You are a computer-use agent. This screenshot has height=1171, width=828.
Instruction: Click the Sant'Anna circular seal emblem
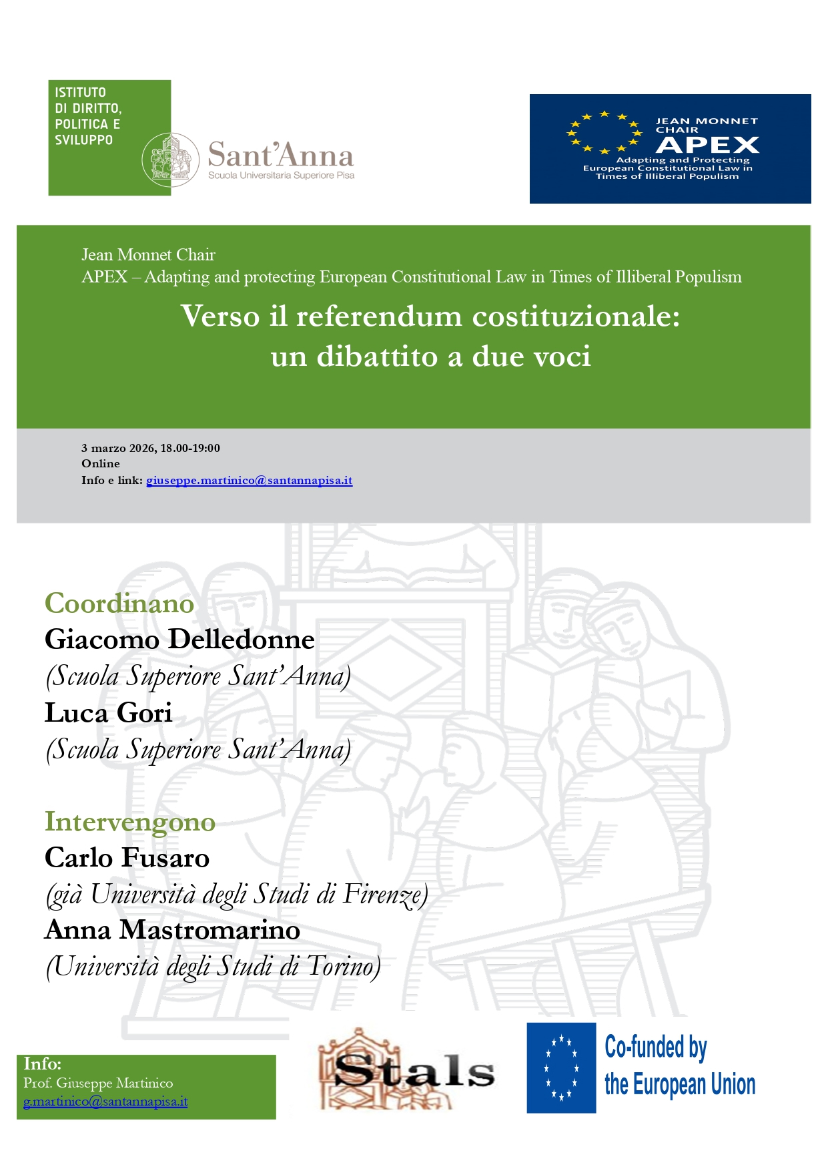pyautogui.click(x=171, y=160)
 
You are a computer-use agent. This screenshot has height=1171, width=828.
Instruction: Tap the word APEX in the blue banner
pyautogui.click(x=707, y=145)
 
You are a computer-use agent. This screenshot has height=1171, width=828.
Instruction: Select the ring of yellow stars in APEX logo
pyautogui.click(x=604, y=132)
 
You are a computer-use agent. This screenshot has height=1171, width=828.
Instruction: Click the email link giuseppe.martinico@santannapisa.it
pyautogui.click(x=249, y=481)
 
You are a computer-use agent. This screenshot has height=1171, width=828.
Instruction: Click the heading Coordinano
pyautogui.click(x=119, y=604)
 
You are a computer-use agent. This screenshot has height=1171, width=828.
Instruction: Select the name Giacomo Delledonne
pyautogui.click(x=179, y=640)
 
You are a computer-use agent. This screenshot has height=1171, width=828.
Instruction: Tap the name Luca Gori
pyautogui.click(x=109, y=713)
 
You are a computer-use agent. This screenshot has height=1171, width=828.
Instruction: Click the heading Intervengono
pyautogui.click(x=130, y=822)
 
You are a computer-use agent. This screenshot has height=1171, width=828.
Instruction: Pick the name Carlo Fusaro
pyautogui.click(x=127, y=859)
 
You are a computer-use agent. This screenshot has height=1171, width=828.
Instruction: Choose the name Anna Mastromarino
pyautogui.click(x=172, y=930)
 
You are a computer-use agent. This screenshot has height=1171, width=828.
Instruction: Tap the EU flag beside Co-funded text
pyautogui.click(x=561, y=1068)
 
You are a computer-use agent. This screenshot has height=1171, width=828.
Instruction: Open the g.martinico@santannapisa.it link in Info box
pyautogui.click(x=105, y=1102)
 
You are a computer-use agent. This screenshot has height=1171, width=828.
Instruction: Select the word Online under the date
pyautogui.click(x=101, y=464)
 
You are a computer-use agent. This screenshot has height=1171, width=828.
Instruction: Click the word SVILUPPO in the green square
pyautogui.click(x=84, y=140)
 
